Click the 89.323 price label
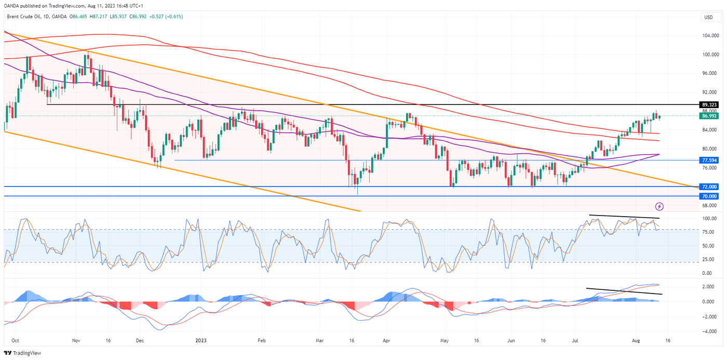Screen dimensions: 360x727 708,104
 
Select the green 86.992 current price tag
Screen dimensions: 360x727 708,116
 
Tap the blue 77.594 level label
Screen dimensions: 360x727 708,161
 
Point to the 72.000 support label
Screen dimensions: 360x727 708,186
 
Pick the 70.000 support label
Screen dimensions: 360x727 708,196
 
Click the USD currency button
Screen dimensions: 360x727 708,17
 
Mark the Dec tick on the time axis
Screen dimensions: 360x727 140,341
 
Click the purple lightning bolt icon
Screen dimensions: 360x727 659,206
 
